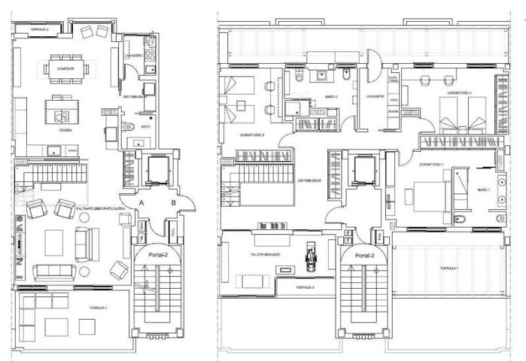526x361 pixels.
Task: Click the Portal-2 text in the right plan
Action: coord(366,256)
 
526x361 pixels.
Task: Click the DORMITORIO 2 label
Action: coord(459,93)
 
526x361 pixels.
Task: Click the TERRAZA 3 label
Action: coord(305,288)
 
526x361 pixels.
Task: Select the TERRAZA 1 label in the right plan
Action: coord(449,268)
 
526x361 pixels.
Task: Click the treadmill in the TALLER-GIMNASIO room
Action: coord(309,254)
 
